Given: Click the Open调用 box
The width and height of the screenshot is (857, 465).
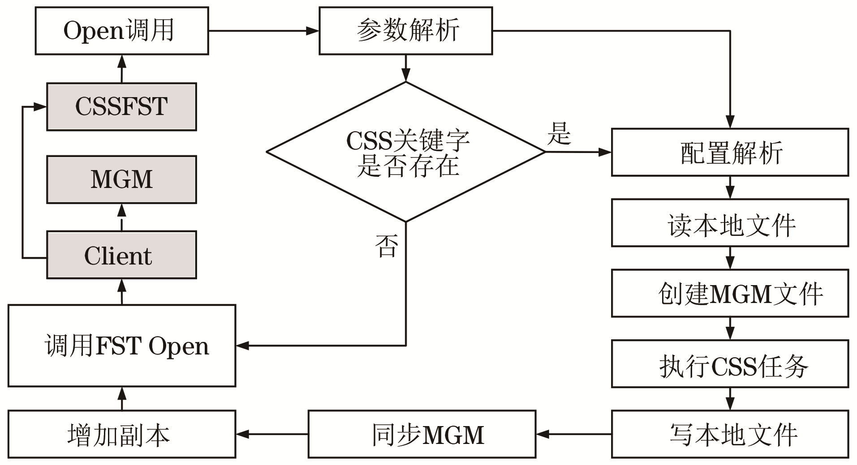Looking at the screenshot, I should pyautogui.click(x=121, y=31).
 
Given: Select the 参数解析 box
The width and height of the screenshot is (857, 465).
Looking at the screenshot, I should pyautogui.click(x=405, y=31).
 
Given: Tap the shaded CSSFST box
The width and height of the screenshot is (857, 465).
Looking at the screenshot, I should pyautogui.click(x=121, y=107).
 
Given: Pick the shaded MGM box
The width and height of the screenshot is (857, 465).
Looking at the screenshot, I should pyautogui.click(x=121, y=179).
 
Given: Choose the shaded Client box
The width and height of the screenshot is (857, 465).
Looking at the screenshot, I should pyautogui.click(x=121, y=255).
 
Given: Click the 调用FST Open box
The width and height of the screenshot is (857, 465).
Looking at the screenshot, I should pyautogui.click(x=121, y=346).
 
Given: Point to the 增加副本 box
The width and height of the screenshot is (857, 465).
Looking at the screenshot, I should pyautogui.click(x=121, y=434).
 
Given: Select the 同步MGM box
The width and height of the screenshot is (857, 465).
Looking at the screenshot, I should pyautogui.click(x=422, y=434).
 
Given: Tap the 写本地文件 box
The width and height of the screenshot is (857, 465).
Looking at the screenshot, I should pyautogui.click(x=730, y=434).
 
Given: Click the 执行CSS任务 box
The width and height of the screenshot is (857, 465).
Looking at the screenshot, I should pyautogui.click(x=730, y=364).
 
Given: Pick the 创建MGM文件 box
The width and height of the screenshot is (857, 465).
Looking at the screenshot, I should pyautogui.click(x=730, y=294).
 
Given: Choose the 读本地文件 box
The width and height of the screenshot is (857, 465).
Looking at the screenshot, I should pyautogui.click(x=730, y=223).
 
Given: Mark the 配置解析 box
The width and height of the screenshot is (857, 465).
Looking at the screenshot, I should pyautogui.click(x=730, y=152).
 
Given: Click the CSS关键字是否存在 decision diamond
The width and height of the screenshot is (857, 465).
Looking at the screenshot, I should pyautogui.click(x=405, y=152).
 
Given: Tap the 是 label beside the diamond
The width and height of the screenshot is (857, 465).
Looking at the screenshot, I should pyautogui.click(x=559, y=133).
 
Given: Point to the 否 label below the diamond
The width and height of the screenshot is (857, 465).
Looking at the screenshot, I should pyautogui.click(x=386, y=246).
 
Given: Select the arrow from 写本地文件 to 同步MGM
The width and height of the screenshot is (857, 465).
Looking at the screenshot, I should pyautogui.click(x=573, y=434).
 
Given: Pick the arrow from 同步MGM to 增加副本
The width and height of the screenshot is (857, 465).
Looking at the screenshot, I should pyautogui.click(x=272, y=434).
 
